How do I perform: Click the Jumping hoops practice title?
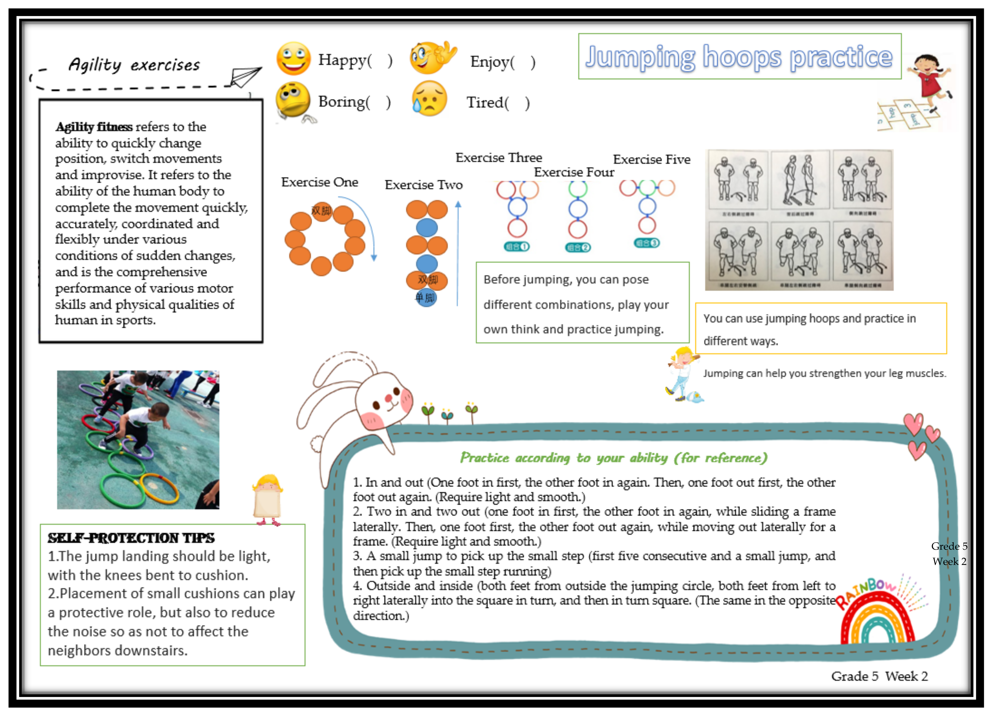[739, 57]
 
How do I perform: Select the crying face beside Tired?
[429, 99]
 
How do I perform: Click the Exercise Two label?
[423, 185]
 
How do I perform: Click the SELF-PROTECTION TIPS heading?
[131, 538]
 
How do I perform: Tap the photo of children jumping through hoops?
[138, 439]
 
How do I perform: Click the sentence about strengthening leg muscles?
[825, 373]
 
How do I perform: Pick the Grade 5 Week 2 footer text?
[879, 676]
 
